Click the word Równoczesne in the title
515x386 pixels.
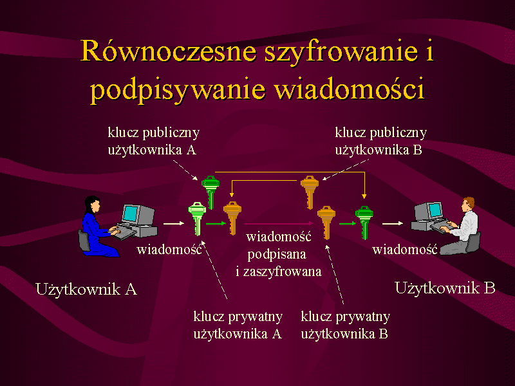[169, 51]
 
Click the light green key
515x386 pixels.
[197, 219]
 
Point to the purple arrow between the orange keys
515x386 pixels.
[279, 223]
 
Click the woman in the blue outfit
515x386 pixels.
[98, 226]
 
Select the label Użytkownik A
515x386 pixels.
[86, 289]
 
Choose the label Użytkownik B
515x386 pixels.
[445, 288]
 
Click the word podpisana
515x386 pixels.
[277, 254]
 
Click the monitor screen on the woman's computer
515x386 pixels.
[131, 214]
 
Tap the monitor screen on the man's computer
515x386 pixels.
[435, 210]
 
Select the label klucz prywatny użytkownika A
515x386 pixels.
[238, 326]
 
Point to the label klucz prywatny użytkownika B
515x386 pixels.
[345, 326]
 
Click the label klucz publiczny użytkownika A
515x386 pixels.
[154, 142]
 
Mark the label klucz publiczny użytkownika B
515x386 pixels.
[380, 142]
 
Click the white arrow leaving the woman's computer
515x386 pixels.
[174, 223]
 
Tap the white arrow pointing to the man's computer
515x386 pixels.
[393, 223]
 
